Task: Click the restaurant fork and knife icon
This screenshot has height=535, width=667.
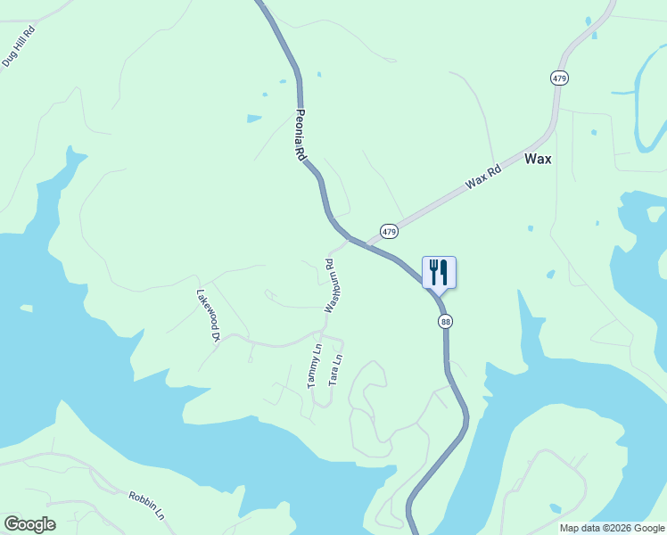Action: point(439,271)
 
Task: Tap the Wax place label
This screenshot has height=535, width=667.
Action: point(538,160)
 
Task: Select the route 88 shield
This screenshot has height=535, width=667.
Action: point(445,321)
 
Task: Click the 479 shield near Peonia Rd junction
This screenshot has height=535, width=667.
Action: point(389,231)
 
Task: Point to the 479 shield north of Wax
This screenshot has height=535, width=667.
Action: point(559,78)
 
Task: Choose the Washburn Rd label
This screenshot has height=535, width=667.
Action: point(329,285)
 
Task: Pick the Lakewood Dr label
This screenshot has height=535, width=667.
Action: point(208,315)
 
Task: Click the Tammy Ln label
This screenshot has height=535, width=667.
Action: point(314,366)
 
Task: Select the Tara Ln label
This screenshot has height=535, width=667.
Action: point(335,370)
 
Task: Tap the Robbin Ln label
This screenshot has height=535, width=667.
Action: point(147,505)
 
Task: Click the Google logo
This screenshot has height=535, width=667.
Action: point(29,524)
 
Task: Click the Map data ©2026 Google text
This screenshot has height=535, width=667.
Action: point(612,528)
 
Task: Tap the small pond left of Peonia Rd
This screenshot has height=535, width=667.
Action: point(254,118)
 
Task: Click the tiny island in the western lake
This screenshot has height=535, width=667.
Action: point(26,309)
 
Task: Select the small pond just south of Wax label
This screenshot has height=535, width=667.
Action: point(530,228)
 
